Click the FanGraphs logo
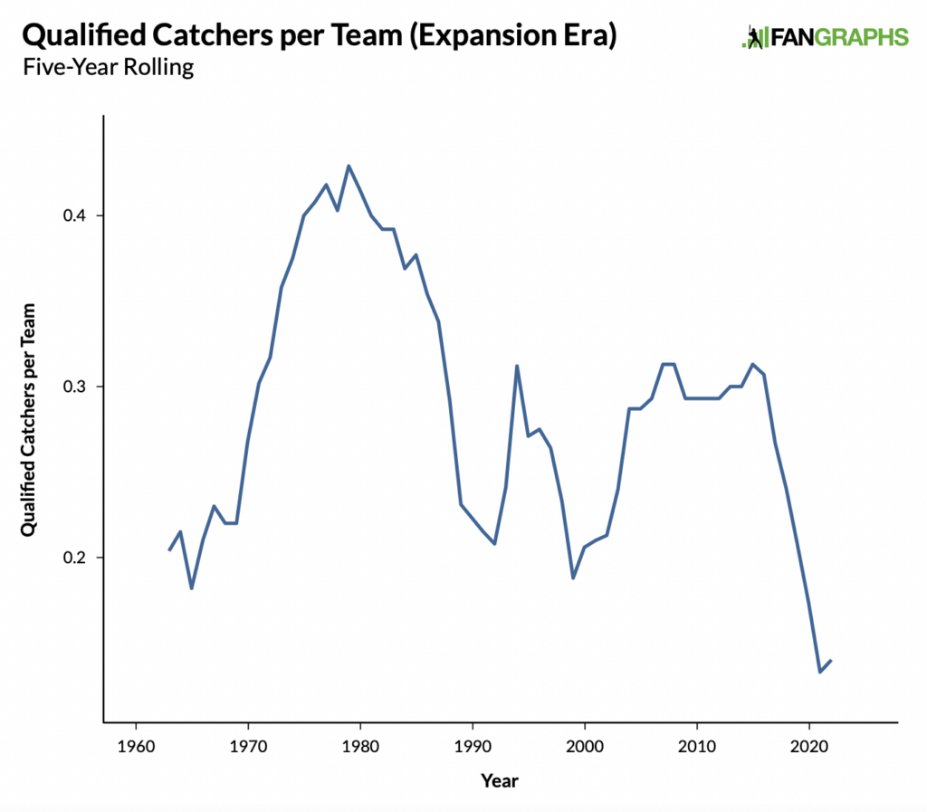click(x=824, y=37)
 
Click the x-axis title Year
click(x=500, y=780)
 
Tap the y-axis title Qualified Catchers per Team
click(x=28, y=417)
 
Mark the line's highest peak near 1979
click(x=349, y=166)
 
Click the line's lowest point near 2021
click(x=820, y=672)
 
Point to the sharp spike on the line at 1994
click(x=517, y=366)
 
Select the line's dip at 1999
click(x=573, y=578)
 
